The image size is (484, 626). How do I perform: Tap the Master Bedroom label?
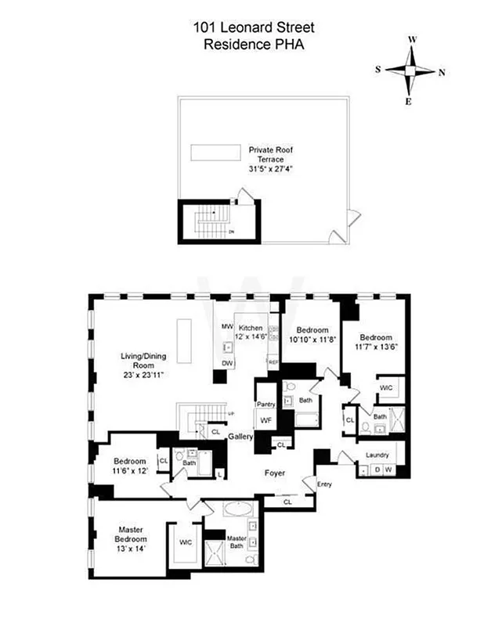tap(131, 534)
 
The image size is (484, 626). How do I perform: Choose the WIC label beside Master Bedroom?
tap(186, 541)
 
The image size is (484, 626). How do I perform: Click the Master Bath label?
tap(237, 541)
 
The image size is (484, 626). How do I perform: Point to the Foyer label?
tap(273, 474)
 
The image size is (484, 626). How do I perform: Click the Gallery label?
tap(240, 436)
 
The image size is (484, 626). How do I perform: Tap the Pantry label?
tap(264, 404)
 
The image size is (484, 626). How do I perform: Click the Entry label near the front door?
tap(325, 484)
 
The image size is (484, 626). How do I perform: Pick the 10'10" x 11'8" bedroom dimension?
tap(312, 340)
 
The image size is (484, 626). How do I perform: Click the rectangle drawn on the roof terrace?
tap(215, 150)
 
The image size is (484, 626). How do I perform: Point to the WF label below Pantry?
tap(265, 420)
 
